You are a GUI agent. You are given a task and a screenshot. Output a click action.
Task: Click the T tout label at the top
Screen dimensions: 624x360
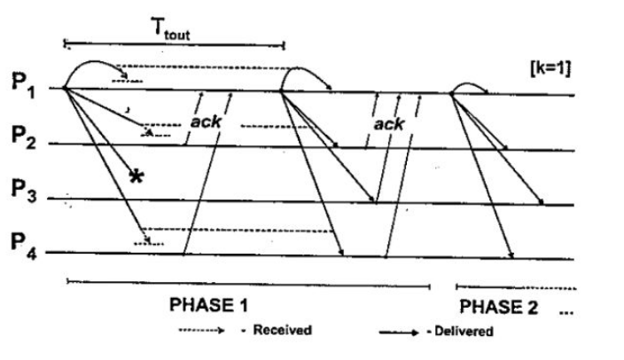tap(171, 28)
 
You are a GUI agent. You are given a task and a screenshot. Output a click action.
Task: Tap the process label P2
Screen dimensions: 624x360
tap(23, 137)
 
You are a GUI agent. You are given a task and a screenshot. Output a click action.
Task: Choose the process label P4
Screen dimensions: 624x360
tap(24, 244)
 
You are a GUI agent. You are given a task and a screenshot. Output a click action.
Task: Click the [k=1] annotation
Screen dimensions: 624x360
tap(550, 69)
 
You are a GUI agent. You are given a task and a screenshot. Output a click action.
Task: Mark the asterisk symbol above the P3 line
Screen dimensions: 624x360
tap(136, 176)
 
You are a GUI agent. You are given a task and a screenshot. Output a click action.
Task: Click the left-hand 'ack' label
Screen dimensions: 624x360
tap(206, 121)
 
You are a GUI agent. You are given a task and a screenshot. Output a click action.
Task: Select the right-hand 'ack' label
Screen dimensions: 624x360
tap(388, 125)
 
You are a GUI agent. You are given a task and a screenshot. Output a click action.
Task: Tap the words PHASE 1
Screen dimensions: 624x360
tap(208, 305)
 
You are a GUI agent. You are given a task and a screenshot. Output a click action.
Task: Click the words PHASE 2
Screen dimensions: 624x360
tap(499, 307)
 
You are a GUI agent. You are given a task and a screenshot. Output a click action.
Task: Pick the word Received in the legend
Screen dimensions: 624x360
tap(282, 330)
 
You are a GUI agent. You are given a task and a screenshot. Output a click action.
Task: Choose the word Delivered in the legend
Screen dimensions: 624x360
tap(464, 332)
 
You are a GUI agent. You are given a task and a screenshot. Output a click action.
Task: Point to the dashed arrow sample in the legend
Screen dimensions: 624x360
tap(202, 330)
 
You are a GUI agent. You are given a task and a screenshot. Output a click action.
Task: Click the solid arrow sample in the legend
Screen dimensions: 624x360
tap(399, 333)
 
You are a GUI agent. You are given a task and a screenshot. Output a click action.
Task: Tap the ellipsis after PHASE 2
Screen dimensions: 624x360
tap(566, 313)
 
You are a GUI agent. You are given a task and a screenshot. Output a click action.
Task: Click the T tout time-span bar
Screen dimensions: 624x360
tap(175, 44)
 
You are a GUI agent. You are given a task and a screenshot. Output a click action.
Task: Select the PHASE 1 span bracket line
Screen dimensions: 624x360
tap(249, 284)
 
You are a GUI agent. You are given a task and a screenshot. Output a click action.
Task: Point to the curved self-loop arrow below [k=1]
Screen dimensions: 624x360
tap(470, 89)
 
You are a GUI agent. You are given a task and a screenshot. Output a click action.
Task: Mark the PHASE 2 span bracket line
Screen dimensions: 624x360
tap(516, 287)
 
